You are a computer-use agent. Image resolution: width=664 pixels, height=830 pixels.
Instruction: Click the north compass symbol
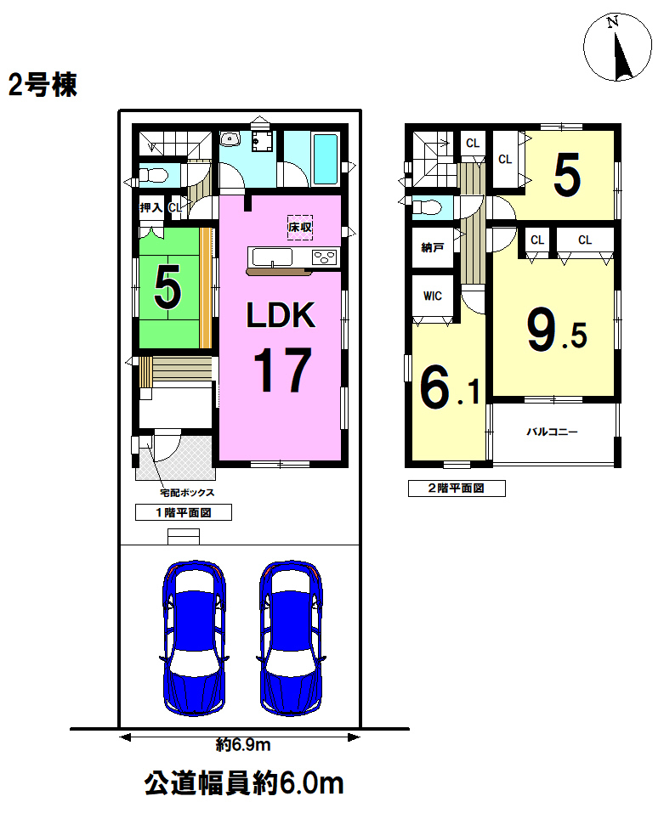617,47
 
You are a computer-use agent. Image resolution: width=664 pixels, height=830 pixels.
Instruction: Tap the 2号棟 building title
43,85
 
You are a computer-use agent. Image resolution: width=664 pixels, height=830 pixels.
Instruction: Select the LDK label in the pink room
281,315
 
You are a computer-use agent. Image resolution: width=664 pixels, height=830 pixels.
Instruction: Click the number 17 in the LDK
282,370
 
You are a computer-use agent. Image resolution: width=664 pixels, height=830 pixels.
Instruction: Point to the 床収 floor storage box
300,228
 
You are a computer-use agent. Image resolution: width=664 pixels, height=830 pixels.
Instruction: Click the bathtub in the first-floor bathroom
326,160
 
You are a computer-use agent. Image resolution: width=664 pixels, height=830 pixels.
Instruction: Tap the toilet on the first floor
154,175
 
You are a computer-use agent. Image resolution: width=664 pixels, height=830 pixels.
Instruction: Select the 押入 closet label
151,208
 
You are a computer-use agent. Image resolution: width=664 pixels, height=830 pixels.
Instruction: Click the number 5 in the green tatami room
167,287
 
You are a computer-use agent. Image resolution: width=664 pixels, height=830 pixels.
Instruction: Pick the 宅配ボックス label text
187,493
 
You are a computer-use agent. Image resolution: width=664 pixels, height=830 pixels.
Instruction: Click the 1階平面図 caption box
184,512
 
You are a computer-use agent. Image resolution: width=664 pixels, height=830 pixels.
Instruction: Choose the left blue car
195,638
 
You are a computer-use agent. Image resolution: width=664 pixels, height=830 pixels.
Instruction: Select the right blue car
291,638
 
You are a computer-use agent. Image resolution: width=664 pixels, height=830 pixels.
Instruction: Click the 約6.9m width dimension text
243,745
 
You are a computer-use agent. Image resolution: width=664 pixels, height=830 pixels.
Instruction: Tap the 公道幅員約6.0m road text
244,784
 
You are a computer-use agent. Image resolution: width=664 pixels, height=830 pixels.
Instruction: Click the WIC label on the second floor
433,296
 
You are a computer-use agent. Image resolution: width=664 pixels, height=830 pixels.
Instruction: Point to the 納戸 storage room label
433,247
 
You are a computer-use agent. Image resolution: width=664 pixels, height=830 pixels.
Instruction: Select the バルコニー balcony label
552,432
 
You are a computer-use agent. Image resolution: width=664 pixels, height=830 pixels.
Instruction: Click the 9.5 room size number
557,330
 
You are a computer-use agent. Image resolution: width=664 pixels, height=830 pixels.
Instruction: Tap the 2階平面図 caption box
457,488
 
